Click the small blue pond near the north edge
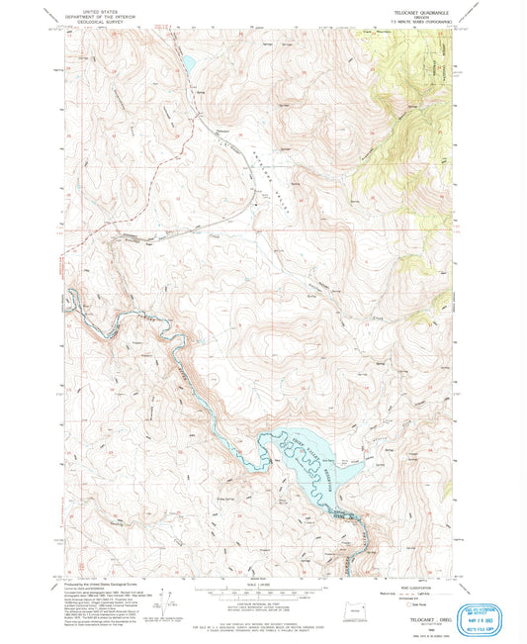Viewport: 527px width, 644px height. coord(186,64)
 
